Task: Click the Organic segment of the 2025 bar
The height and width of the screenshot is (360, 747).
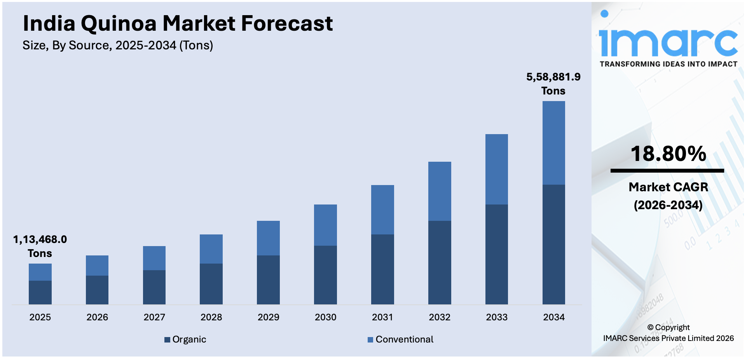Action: [x=40, y=292]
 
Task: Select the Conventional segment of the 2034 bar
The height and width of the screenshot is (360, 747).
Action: [x=553, y=143]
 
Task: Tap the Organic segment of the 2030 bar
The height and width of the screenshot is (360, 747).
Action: [x=325, y=275]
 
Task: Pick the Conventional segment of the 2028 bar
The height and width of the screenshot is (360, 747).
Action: [x=211, y=249]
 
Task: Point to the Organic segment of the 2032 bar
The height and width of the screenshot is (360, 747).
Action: [x=440, y=262]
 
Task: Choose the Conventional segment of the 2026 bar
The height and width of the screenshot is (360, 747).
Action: [x=97, y=266]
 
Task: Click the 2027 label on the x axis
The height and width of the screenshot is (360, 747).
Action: [x=154, y=317]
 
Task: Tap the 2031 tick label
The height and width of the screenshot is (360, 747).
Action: [x=382, y=317]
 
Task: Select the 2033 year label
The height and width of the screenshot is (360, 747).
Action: [x=497, y=317]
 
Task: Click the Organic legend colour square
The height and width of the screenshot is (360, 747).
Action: [x=167, y=340]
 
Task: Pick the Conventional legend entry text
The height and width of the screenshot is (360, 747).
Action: [x=404, y=339]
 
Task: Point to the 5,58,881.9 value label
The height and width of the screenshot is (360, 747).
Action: [x=553, y=77]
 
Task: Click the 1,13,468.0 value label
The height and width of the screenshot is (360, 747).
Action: [x=40, y=239]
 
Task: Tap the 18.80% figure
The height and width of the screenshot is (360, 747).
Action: [x=668, y=154]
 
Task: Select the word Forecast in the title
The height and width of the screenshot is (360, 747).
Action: [x=287, y=23]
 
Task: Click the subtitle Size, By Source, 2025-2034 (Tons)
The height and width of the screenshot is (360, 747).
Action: [x=118, y=45]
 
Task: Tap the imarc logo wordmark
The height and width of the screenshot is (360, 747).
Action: [x=668, y=41]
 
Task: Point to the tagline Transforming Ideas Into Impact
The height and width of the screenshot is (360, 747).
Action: [x=668, y=64]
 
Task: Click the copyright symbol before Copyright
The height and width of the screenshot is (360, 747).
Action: [x=651, y=328]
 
